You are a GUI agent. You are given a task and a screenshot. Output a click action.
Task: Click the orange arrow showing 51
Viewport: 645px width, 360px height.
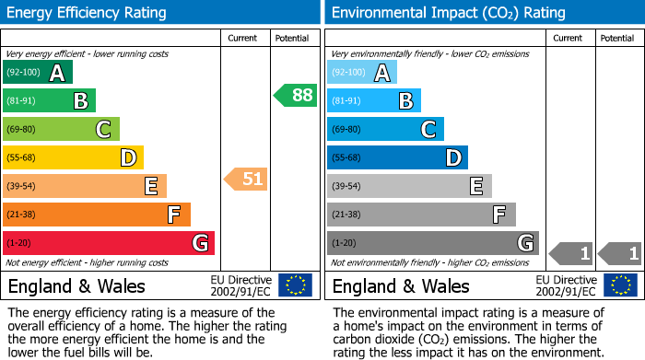pos(246,179)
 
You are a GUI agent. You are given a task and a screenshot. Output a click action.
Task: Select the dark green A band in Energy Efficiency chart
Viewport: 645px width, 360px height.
pos(38,73)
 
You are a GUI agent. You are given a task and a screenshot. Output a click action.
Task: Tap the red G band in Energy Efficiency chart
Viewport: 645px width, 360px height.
pos(109,243)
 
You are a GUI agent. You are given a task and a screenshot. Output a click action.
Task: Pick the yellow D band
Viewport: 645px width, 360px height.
pos(73,157)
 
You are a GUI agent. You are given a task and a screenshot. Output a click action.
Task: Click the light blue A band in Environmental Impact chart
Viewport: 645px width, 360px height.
pos(362,73)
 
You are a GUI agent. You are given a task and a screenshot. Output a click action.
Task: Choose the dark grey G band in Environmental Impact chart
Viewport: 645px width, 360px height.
pos(432,243)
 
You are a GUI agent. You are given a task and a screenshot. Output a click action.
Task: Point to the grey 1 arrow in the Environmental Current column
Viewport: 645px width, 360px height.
pos(570,252)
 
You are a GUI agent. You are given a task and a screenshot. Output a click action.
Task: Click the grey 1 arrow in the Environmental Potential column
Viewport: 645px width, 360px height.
pos(619,252)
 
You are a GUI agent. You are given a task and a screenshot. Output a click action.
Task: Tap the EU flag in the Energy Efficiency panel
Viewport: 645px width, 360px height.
pos(295,285)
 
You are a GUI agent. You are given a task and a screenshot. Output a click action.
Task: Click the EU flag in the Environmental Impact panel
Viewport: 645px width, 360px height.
pos(621,285)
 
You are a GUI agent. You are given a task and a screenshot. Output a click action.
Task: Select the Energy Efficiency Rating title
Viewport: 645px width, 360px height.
pos(88,13)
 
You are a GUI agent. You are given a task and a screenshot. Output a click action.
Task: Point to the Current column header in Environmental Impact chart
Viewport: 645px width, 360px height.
pos(569,38)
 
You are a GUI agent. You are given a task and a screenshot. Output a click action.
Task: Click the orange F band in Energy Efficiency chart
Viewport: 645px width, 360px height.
pos(97,215)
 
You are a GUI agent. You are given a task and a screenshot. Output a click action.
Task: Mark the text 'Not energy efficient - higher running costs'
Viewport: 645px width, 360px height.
pos(88,262)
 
